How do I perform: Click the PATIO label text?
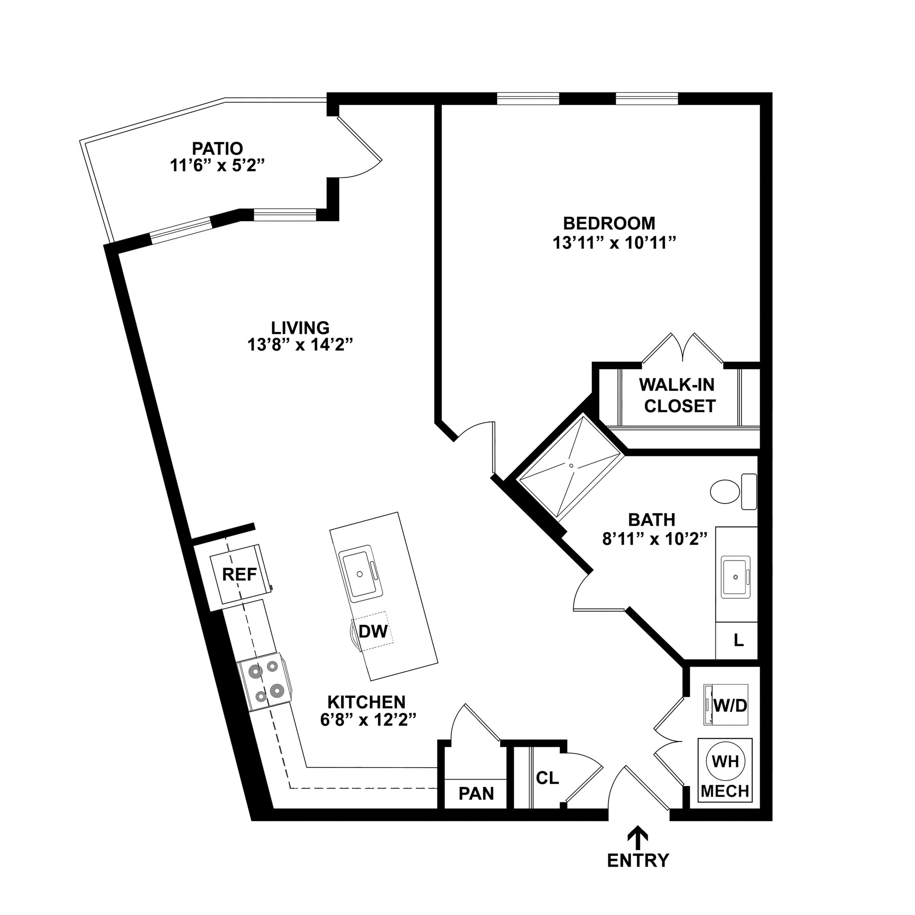pyautogui.click(x=218, y=148)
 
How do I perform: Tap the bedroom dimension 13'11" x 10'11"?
pyautogui.click(x=613, y=243)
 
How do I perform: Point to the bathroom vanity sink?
pyautogui.click(x=735, y=577)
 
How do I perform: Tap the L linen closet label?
pyautogui.click(x=739, y=641)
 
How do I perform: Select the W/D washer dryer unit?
pyautogui.click(x=726, y=705)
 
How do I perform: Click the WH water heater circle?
pyautogui.click(x=725, y=762)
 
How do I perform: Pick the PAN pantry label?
pyautogui.click(x=476, y=793)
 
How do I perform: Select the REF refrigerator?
pyautogui.click(x=240, y=575)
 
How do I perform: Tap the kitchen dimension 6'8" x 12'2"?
pyautogui.click(x=368, y=720)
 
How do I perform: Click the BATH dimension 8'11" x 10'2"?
pyautogui.click(x=655, y=539)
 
